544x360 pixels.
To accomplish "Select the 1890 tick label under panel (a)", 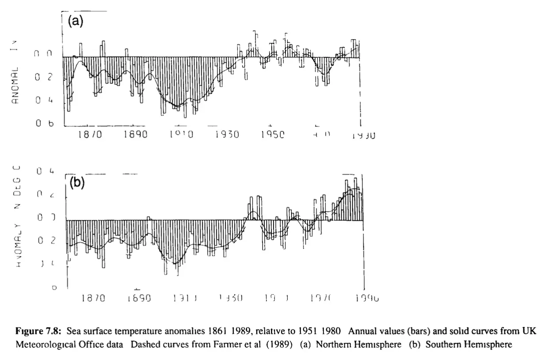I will pos(135,135).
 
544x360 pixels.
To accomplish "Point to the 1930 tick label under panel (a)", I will pos(227,135).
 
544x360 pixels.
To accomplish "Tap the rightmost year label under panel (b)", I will pos(367,299).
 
